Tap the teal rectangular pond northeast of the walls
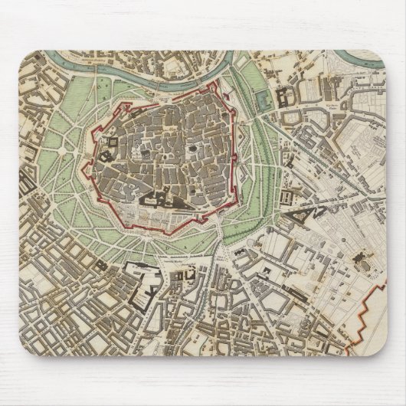[x=266, y=98]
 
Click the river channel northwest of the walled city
[x=100, y=68]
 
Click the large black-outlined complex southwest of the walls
[x=138, y=280]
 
